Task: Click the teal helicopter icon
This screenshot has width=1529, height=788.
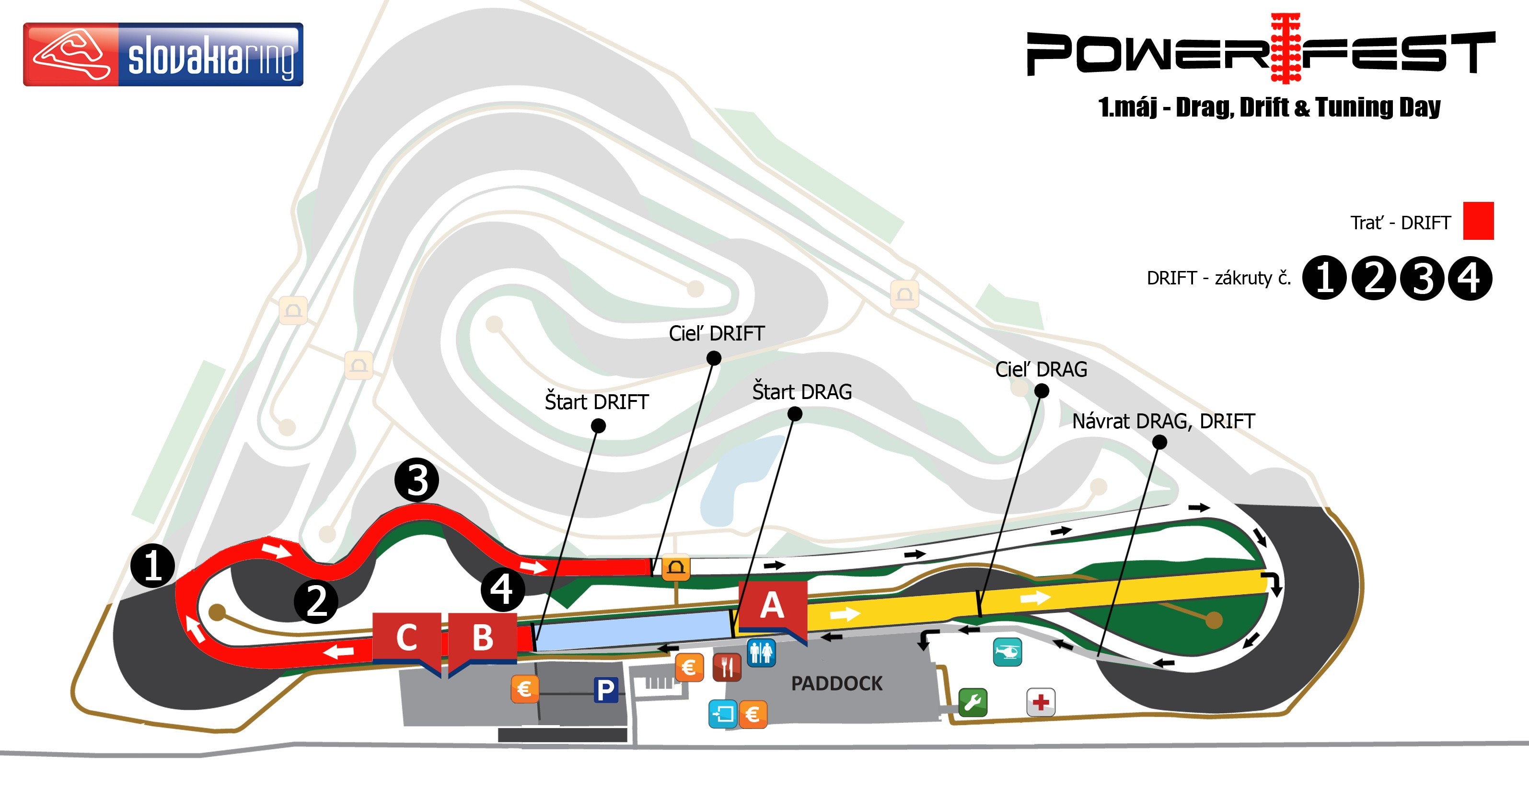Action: click(x=1007, y=652)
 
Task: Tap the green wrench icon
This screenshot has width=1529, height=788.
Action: click(x=973, y=703)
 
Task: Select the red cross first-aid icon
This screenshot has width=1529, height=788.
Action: click(x=1041, y=703)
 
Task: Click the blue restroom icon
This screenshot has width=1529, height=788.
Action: click(x=761, y=653)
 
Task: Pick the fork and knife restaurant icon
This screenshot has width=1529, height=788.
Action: click(x=727, y=667)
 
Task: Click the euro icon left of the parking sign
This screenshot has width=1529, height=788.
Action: click(x=525, y=689)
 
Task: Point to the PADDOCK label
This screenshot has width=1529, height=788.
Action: click(x=837, y=683)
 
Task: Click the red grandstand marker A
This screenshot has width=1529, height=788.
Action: click(x=772, y=606)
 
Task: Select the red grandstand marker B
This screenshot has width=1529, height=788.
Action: click(x=483, y=638)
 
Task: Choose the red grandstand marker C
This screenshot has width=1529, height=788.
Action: click(x=406, y=638)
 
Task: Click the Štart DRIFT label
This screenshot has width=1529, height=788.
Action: click(x=597, y=402)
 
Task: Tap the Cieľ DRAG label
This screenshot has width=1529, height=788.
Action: click(x=1041, y=369)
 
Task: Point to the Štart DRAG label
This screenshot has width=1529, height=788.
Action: click(x=802, y=392)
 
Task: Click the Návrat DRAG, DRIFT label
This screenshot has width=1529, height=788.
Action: click(x=1163, y=421)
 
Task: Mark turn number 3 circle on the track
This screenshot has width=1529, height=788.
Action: click(x=417, y=480)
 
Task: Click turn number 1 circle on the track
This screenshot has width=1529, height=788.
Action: click(x=152, y=565)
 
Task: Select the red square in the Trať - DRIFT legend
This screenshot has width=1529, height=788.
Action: click(x=1478, y=221)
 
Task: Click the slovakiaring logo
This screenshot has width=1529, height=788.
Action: click(x=163, y=55)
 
